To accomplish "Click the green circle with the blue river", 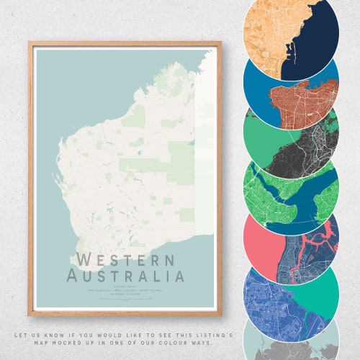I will tap(291, 189).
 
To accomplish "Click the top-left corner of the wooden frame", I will tap(30, 42).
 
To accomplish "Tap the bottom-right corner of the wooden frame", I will tap(220, 315).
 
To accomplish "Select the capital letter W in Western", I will tap(85, 260).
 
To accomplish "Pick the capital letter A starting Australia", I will tap(73, 275).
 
